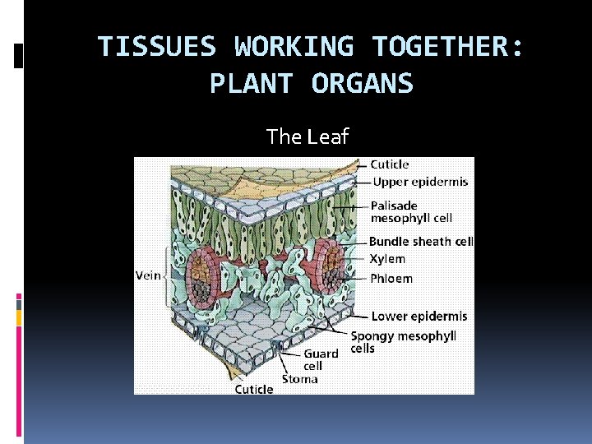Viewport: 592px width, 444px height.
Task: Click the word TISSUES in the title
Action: click(157, 47)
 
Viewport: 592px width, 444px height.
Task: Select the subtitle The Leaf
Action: click(308, 136)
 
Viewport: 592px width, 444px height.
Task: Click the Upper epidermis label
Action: click(420, 182)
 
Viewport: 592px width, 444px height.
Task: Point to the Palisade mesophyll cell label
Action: click(411, 211)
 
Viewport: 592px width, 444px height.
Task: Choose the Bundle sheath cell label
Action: click(421, 242)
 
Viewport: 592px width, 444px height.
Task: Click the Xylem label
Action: click(386, 259)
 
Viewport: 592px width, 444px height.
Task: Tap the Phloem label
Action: click(391, 278)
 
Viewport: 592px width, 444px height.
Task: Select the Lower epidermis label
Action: click(419, 316)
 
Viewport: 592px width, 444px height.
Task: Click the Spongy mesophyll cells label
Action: click(403, 341)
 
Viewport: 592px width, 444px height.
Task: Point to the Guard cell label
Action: click(321, 359)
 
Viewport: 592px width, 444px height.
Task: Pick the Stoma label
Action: click(300, 379)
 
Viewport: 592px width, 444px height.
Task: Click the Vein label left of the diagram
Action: click(148, 276)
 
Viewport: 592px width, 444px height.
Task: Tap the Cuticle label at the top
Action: click(390, 164)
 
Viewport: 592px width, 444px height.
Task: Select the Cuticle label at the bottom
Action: click(254, 389)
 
